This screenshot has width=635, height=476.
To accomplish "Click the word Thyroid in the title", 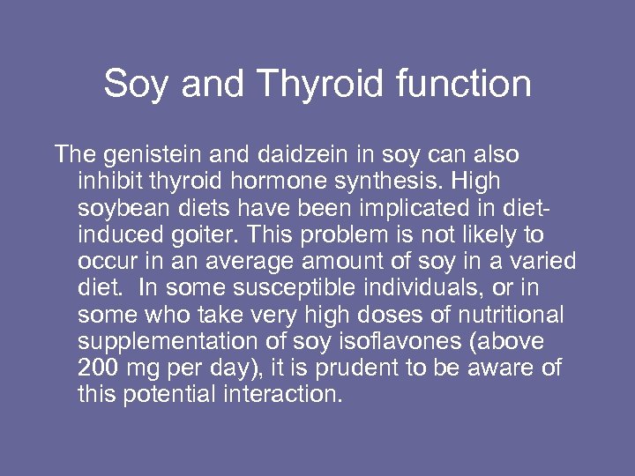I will point(322,85).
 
